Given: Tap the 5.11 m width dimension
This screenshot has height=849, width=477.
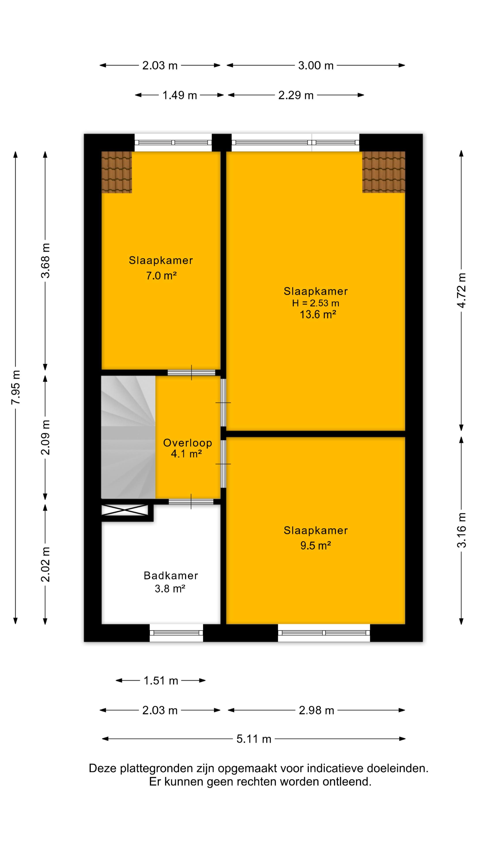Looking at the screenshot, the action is pos(254,739).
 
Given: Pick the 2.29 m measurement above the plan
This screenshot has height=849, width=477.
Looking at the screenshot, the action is pos(296,95).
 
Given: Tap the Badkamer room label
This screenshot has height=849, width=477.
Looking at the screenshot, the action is pos(171,576).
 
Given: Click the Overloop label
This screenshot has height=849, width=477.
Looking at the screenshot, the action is pos(187,443).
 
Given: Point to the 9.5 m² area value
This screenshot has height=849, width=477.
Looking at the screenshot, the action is pos(315,545).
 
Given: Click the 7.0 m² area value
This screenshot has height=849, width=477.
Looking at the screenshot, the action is pos(161,275).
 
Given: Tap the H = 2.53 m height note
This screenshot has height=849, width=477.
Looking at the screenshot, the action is pos(315,303).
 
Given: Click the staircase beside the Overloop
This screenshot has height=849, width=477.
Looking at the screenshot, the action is pos(128,437).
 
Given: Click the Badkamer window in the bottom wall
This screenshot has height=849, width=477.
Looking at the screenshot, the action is pos(176,633).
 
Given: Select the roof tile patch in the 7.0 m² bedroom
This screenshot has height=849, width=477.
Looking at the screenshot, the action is pos(117,172).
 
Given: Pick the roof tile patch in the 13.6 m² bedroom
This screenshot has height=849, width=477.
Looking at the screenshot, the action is pos(384,172).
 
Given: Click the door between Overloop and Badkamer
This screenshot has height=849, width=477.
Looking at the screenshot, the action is pos(191,502).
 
